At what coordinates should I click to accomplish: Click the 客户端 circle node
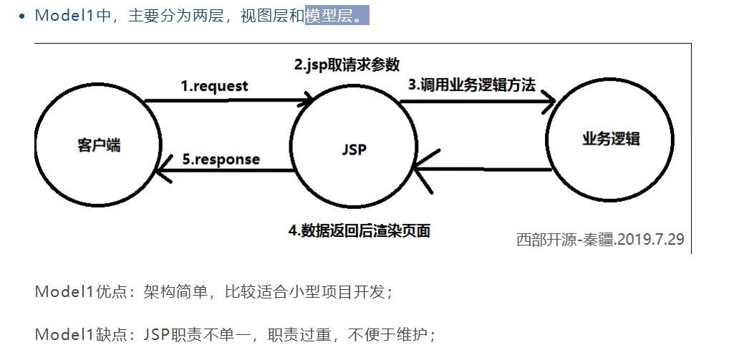[x=99, y=145]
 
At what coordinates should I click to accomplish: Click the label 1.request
[x=214, y=86]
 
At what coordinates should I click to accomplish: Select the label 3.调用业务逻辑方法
[x=472, y=84]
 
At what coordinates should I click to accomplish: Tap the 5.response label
[x=221, y=159]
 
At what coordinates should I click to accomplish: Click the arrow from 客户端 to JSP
[x=229, y=101]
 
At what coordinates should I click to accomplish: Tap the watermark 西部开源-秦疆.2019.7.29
[x=600, y=239]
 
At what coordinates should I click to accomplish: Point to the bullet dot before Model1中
[x=23, y=16]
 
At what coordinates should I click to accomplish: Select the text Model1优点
[x=68, y=292]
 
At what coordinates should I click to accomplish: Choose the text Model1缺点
[x=68, y=334]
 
